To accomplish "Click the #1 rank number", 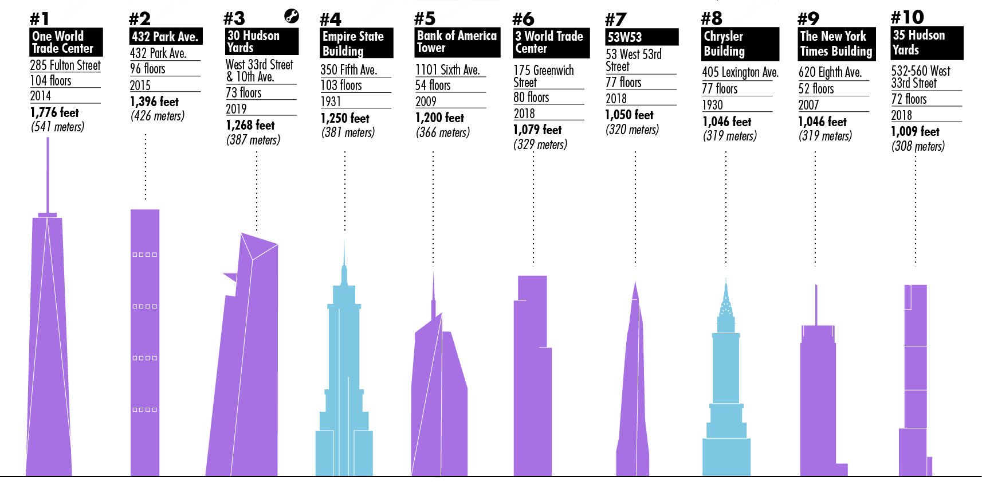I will [x=40, y=19].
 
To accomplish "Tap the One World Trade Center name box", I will [x=66, y=42].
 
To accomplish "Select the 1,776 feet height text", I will [x=54, y=112].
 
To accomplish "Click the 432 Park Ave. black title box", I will [x=166, y=37].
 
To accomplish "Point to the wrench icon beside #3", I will [x=292, y=16].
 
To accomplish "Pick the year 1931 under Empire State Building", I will [x=331, y=101].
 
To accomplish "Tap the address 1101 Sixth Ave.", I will [x=447, y=70].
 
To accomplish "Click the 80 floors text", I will [x=531, y=97].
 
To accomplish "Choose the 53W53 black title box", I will [x=642, y=37].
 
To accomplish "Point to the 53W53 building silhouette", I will [x=634, y=390].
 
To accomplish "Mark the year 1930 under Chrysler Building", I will [x=712, y=105].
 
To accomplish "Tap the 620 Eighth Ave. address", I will [x=830, y=72].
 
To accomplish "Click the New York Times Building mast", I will [x=816, y=304].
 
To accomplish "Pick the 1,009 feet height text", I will [x=915, y=131].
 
